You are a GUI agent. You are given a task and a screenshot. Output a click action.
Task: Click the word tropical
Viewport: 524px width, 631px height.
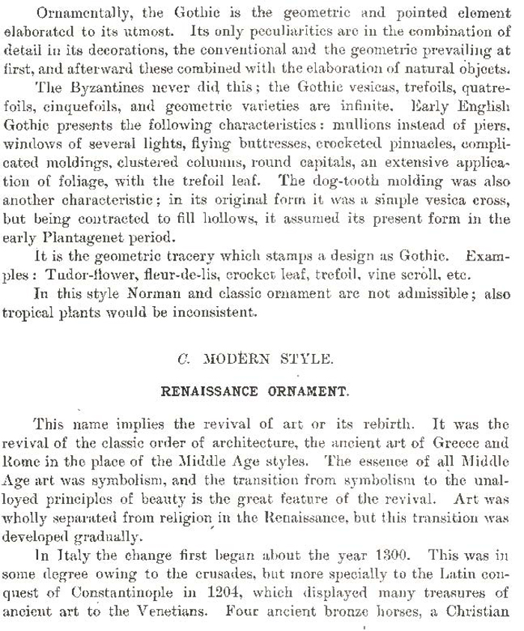pyautogui.click(x=31, y=311)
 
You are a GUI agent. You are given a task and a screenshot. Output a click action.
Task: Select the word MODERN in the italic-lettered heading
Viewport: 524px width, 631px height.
pyautogui.click(x=236, y=359)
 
